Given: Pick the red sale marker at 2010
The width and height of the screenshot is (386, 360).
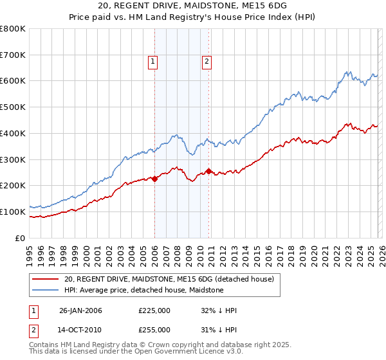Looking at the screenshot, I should (x=208, y=171).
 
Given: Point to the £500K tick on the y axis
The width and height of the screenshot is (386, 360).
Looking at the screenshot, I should (x=13, y=107).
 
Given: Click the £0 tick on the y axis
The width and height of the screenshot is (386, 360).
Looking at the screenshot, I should (x=21, y=238).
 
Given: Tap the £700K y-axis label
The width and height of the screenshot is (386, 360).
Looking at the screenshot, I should (x=13, y=55).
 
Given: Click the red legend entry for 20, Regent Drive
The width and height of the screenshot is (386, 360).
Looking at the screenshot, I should (x=169, y=279).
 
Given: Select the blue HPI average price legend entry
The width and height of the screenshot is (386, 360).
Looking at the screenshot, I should (x=143, y=290).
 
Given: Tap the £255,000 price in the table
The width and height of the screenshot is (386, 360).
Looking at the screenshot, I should (x=154, y=329).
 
